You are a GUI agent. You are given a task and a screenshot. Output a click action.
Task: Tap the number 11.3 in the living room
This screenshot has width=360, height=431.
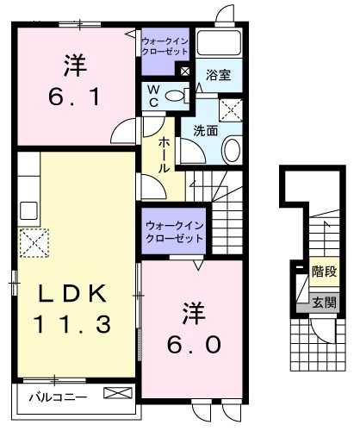pyautogui.click(x=72, y=325)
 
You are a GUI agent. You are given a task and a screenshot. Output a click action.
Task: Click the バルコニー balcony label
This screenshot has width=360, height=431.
pyautogui.click(x=54, y=397)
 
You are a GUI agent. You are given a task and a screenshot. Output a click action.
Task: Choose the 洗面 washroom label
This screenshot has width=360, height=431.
pyautogui.click(x=205, y=132)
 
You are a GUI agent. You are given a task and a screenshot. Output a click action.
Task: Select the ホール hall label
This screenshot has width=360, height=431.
pyautogui.click(x=161, y=153)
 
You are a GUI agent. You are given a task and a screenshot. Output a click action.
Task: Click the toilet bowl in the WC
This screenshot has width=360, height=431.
pyautogui.click(x=175, y=96)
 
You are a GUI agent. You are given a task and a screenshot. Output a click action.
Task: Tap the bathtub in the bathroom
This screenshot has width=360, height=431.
pyautogui.click(x=218, y=43)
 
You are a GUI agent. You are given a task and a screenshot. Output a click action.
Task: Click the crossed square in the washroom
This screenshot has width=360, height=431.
pyautogui.click(x=230, y=109)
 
